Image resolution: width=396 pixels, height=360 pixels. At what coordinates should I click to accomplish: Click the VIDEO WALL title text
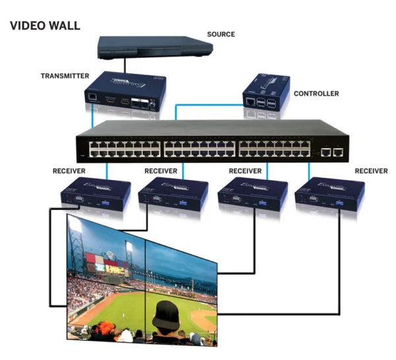pos(45,26)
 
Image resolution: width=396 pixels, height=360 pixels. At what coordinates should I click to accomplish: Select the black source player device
pos(154,48)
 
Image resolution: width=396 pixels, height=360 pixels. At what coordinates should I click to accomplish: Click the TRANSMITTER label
pos(64,76)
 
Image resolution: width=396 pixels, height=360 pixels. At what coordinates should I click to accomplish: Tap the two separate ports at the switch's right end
pos(331,153)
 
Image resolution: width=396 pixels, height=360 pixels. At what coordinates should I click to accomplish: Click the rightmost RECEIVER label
pos(371,170)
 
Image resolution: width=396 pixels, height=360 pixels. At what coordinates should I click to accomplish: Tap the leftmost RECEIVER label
pos(69,170)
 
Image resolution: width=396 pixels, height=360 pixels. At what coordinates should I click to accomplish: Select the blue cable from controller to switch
pos(198,104)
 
